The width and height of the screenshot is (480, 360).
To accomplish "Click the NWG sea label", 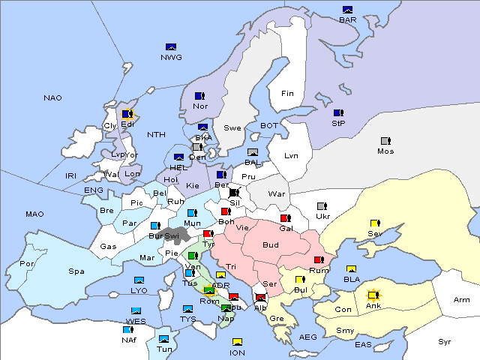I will [x=171, y=56].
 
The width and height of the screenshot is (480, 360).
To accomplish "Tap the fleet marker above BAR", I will [x=347, y=10].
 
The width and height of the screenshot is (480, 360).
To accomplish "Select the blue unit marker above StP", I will [x=338, y=113].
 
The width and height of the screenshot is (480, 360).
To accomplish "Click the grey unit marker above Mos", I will [x=385, y=141].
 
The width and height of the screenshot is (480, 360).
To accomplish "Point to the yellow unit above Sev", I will [x=375, y=223].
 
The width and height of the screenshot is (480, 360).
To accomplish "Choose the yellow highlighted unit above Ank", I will [x=373, y=295].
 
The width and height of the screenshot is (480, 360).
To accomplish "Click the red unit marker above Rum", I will [x=319, y=260].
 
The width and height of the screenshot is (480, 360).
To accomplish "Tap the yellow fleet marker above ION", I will [x=237, y=343].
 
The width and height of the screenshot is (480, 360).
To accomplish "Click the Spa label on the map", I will [x=76, y=271].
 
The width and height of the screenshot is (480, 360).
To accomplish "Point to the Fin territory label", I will [x=287, y=94].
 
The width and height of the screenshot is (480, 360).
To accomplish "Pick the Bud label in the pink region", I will [x=271, y=244].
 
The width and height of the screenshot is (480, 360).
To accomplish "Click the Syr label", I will [x=445, y=341].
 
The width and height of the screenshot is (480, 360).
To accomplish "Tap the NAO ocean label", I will [x=52, y=98].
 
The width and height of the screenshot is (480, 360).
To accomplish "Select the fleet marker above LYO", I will [x=139, y=280].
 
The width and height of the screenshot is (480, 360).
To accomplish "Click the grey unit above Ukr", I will [x=322, y=206].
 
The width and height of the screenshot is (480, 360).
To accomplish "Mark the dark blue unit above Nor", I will [x=199, y=96].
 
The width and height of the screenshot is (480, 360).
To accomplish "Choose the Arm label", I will [x=462, y=299].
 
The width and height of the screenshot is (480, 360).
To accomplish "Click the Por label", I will [x=28, y=264].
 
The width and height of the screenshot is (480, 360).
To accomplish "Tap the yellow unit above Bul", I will [x=300, y=280].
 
